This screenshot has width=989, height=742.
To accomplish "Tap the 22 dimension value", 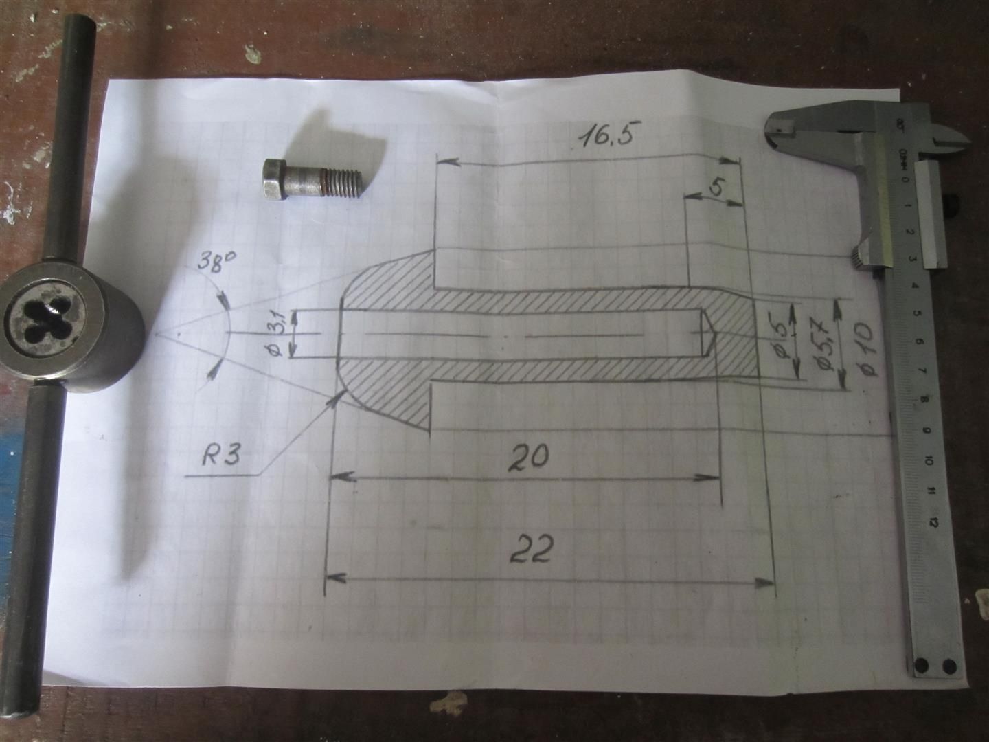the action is [x=531, y=550].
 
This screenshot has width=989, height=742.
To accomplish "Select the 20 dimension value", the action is [x=530, y=458].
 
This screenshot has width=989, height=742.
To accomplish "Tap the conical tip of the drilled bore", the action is [x=707, y=333].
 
